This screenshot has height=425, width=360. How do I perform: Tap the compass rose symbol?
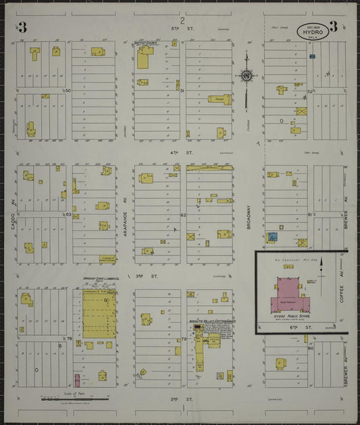tap(246, 75)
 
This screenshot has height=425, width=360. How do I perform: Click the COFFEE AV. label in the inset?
tap(341, 291)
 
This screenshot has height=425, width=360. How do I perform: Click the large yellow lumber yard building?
tap(99, 313)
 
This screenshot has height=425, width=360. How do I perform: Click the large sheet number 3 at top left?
tap(22, 28)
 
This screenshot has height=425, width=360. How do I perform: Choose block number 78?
tap(69, 338)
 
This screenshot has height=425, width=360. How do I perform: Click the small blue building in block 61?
tap(272, 237)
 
